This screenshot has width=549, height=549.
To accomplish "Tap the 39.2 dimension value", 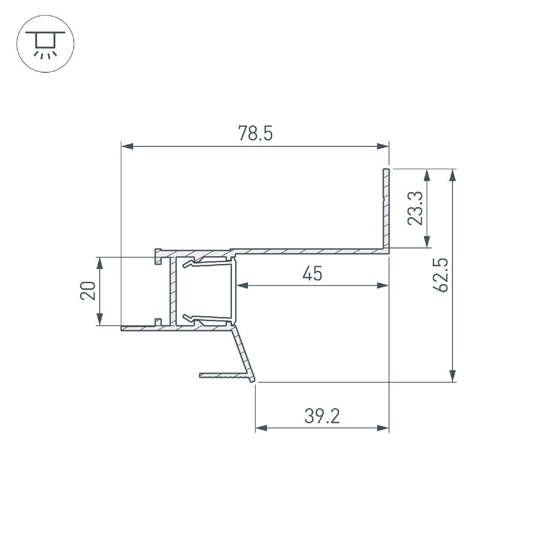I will pyautogui.click(x=322, y=416).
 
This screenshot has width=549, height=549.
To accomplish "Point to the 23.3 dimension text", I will pyautogui.click(x=415, y=209).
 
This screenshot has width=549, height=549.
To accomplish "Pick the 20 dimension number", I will pyautogui.click(x=88, y=291).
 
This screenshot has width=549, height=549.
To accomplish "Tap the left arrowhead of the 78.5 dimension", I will pyautogui.click(x=127, y=146).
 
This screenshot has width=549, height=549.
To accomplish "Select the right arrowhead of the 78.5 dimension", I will pyautogui.click(x=382, y=146).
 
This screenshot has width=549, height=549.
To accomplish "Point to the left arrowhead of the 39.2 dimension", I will pyautogui.click(x=261, y=428).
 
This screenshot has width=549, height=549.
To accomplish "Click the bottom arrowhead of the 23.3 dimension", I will pyautogui.click(x=427, y=242).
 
